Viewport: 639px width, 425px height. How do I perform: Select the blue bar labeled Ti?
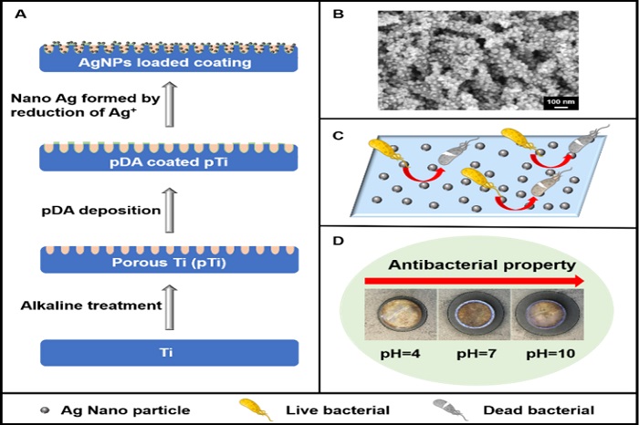tap(171, 352)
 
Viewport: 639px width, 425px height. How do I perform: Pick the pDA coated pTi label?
tap(171, 162)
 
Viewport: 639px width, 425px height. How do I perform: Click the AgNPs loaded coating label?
tap(171, 62)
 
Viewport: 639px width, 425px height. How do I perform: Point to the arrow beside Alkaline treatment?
tap(168, 307)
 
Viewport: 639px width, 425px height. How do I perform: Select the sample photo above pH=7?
tap(474, 313)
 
